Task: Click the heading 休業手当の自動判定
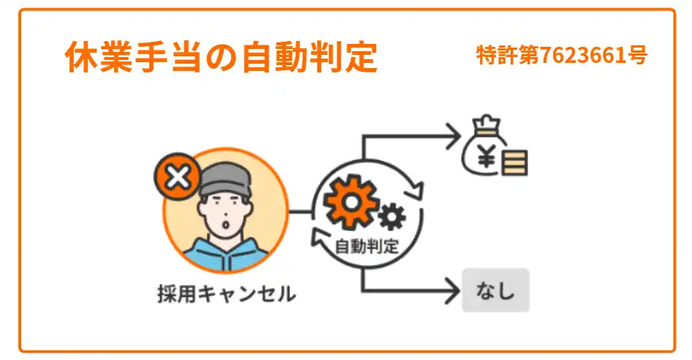pos(221,57)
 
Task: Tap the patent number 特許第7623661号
pos(561,55)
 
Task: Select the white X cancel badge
pos(176,177)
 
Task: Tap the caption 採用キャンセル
pos(226,294)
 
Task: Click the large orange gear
pos(351,200)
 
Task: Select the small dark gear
pos(393,216)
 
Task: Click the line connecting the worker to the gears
pos(301,213)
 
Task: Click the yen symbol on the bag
pos(484,154)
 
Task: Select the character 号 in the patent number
pos(638,55)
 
